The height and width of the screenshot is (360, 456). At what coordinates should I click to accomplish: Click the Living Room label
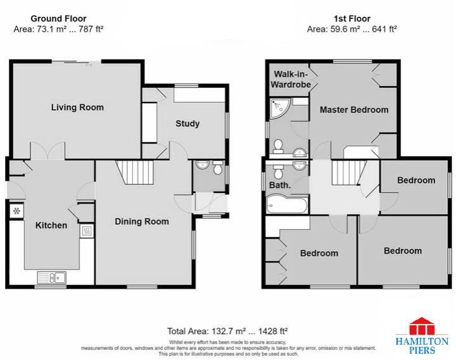77,108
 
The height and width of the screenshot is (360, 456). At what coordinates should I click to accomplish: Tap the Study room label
187,123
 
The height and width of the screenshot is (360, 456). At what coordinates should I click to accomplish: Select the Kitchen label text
51,225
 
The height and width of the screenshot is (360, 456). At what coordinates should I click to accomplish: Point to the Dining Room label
142,221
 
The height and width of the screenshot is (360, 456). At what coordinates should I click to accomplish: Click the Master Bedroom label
353,109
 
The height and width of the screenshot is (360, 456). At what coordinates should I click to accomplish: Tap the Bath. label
281,185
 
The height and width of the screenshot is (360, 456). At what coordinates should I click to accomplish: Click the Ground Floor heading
58,19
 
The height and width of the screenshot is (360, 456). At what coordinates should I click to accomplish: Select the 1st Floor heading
351,19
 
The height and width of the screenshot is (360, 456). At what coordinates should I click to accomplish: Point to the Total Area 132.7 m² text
227,331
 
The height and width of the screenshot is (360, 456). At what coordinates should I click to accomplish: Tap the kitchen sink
51,276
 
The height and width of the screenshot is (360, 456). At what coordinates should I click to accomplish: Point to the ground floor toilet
217,169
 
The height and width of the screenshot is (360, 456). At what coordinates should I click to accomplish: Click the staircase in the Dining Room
137,171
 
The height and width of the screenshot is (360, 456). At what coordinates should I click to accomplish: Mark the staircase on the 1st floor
346,171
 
